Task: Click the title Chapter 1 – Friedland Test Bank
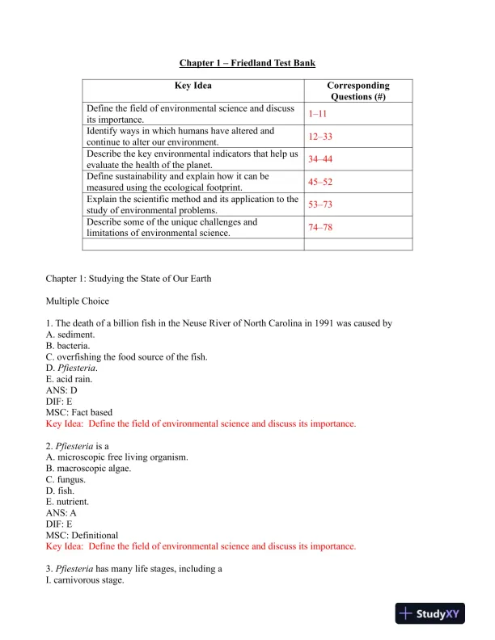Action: click(247, 63)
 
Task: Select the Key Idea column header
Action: click(193, 85)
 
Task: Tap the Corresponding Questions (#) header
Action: click(357, 91)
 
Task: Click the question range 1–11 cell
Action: click(317, 114)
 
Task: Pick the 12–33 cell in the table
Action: click(320, 137)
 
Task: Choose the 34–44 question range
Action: click(320, 159)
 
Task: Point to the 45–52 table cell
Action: click(320, 182)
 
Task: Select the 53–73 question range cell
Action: click(320, 204)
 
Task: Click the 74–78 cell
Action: click(320, 227)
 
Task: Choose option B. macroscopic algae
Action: click(91, 468)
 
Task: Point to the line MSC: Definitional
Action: click(82, 535)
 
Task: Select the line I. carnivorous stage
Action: click(85, 579)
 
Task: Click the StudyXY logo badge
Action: click(434, 614)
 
